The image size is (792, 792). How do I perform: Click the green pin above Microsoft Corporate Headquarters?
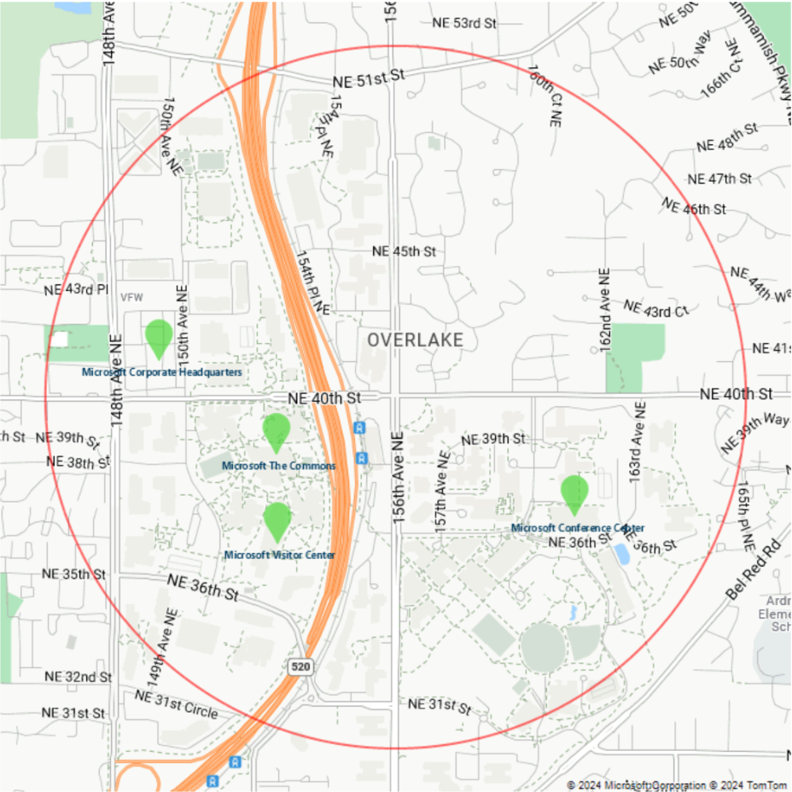(159, 335)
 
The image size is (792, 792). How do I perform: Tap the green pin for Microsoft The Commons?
(277, 430)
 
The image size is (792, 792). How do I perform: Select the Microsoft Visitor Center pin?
(277, 519)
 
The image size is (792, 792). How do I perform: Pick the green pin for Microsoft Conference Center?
(574, 492)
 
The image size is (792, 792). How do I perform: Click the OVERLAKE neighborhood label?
(416, 340)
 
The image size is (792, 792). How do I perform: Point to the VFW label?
(132, 297)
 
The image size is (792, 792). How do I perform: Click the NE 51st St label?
(369, 80)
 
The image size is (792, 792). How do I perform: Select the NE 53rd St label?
(463, 23)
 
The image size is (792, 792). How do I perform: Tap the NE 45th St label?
(404, 252)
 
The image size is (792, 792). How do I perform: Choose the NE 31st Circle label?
(176, 704)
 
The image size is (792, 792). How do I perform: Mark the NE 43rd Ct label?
(655, 308)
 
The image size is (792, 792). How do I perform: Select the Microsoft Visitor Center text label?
(279, 555)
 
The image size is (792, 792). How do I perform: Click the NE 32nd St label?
(77, 677)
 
